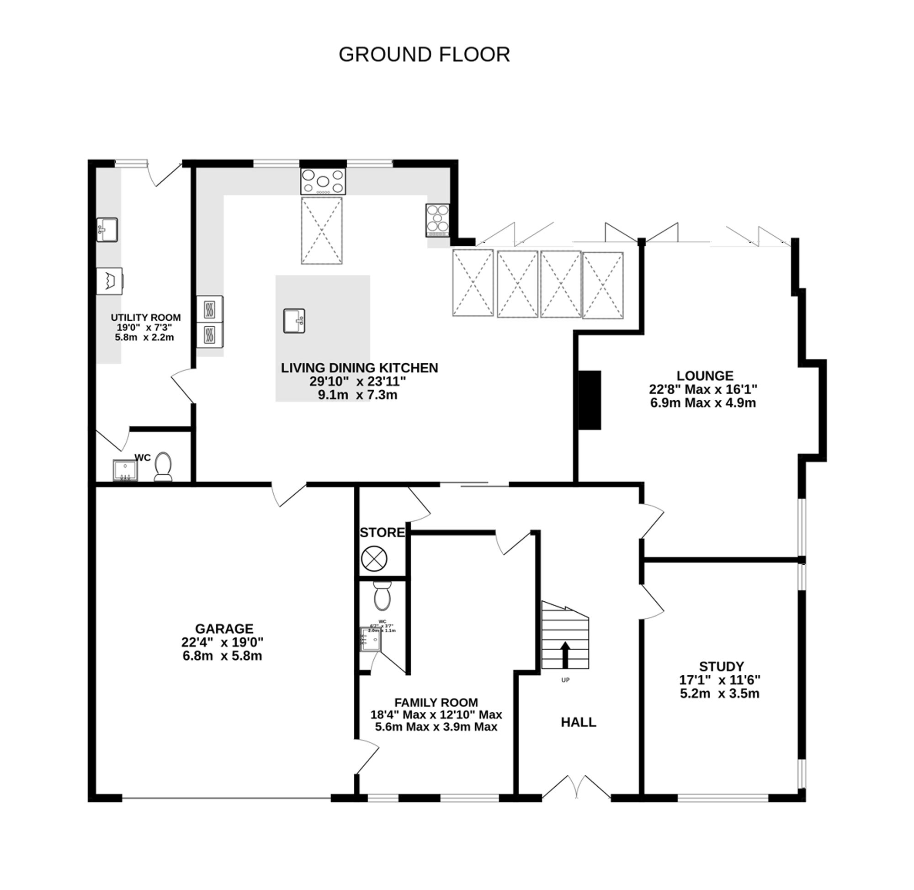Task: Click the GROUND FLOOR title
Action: click(x=424, y=55)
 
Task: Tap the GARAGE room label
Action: click(x=224, y=628)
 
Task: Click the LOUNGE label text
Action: click(x=705, y=376)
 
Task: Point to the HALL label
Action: click(x=578, y=722)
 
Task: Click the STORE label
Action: click(x=382, y=532)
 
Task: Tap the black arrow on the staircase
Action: click(x=565, y=654)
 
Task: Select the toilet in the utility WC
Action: click(x=163, y=466)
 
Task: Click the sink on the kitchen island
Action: click(x=294, y=321)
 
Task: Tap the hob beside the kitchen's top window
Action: click(x=323, y=181)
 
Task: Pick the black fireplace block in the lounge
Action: click(x=590, y=400)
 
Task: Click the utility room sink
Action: click(x=107, y=229)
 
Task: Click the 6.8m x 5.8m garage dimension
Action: click(x=222, y=656)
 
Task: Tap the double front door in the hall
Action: click(x=576, y=787)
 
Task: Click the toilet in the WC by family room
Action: click(x=382, y=596)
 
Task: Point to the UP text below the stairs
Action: click(x=565, y=680)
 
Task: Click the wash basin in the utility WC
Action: click(x=125, y=470)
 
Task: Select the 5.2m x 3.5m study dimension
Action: click(x=719, y=693)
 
